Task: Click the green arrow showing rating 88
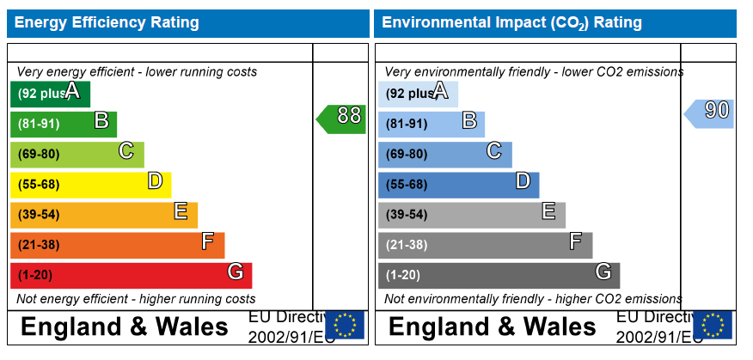click(x=342, y=119)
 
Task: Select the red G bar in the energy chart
click(x=131, y=275)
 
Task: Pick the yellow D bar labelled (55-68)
click(x=90, y=184)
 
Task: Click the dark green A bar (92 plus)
click(x=50, y=94)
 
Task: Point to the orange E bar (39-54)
click(x=103, y=214)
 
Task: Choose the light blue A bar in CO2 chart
click(x=418, y=94)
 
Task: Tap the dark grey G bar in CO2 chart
click(x=499, y=275)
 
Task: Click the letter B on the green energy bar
click(x=101, y=121)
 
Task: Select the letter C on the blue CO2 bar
click(x=493, y=151)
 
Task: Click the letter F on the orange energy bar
click(x=207, y=242)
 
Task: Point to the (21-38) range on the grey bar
click(x=407, y=245)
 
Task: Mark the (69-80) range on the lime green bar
click(x=39, y=155)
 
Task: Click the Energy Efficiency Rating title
click(x=107, y=22)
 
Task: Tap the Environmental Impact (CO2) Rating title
click(x=511, y=22)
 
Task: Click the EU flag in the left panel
click(x=345, y=325)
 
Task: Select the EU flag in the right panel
click(x=713, y=325)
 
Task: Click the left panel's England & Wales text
click(x=125, y=327)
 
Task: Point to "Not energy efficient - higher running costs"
click(x=136, y=299)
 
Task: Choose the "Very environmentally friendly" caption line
click(x=533, y=72)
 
